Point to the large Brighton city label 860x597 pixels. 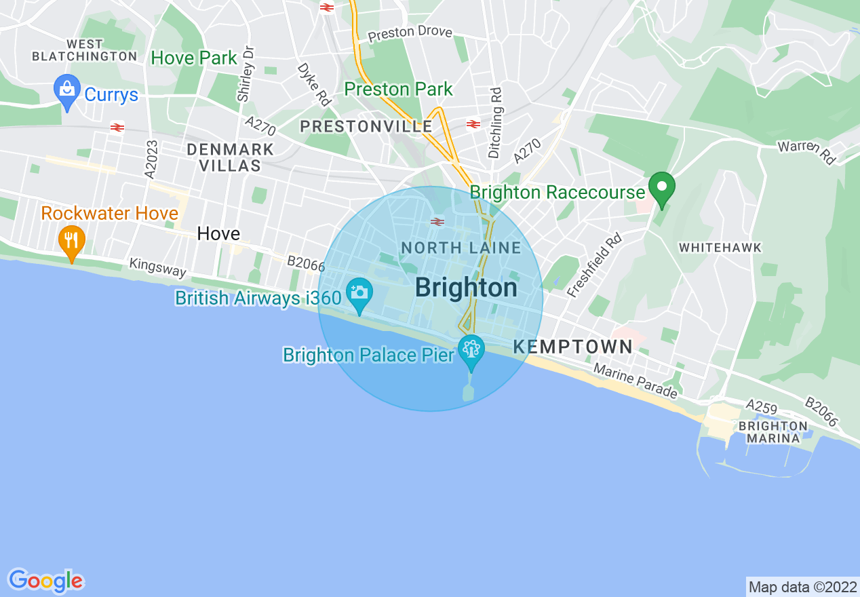[466, 288]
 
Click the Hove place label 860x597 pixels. [218, 234]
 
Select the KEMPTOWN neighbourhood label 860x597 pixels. [573, 347]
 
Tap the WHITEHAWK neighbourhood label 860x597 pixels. [720, 248]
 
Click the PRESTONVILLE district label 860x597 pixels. [366, 127]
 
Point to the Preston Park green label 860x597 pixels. [398, 89]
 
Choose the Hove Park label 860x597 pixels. [194, 58]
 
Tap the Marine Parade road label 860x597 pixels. [636, 381]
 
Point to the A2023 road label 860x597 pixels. [151, 159]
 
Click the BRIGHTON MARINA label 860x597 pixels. [773, 432]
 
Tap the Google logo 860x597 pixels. [45, 581]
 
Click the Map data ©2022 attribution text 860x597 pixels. [802, 587]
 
